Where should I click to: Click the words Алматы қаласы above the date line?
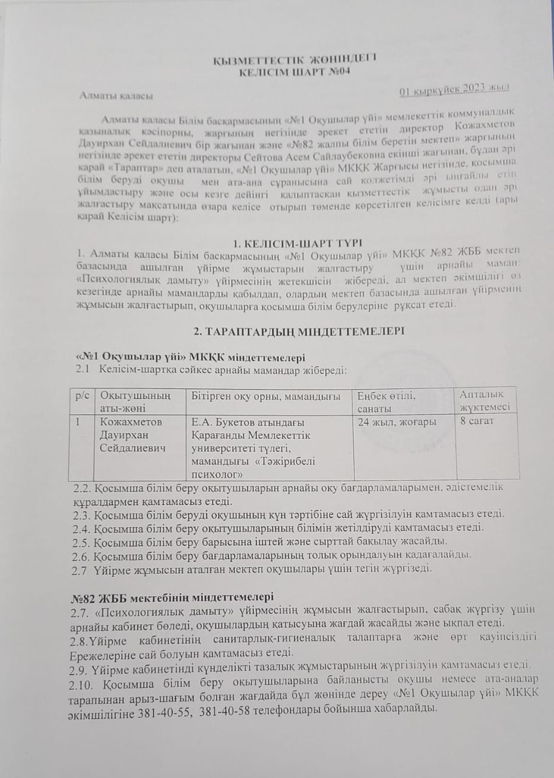pos(117,95)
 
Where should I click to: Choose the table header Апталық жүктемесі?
pos(484,401)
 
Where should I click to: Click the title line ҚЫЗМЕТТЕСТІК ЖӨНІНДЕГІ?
pos(295,58)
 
